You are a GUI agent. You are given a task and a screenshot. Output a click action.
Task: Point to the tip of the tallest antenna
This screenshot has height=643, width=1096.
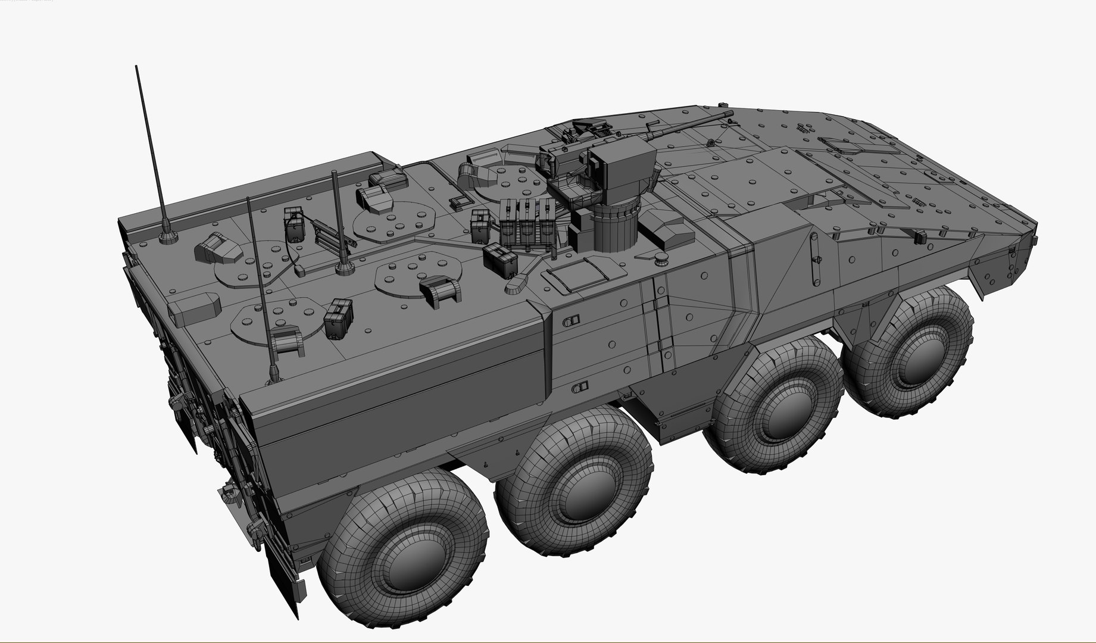[137, 67]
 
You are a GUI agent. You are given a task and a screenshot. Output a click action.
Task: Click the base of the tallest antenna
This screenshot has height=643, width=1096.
[168, 238]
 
